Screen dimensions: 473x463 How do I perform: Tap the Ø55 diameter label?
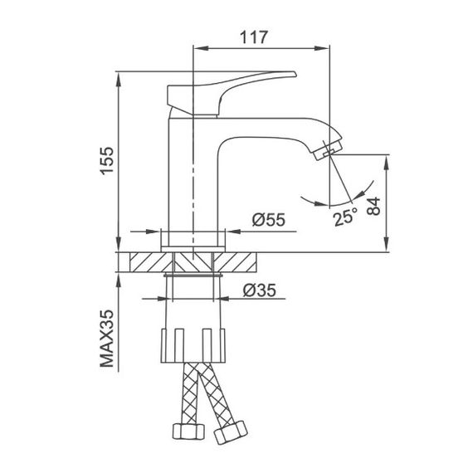tap(267, 221)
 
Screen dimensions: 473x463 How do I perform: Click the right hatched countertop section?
tap(245, 261)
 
